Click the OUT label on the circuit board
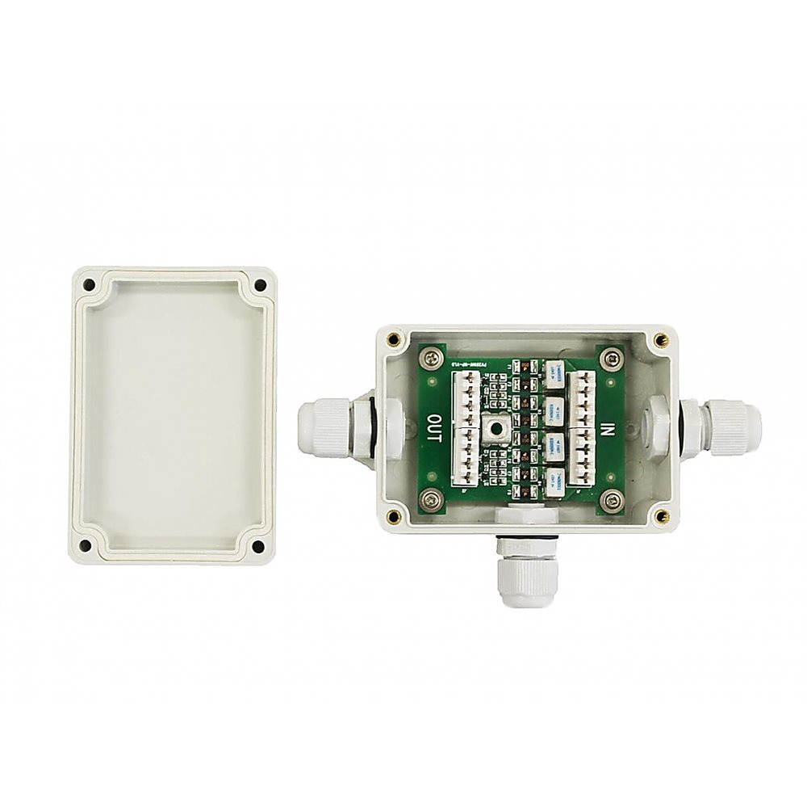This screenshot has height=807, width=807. coord(433,428)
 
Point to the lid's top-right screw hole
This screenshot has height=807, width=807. coord(260,285)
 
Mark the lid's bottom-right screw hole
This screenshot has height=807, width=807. coord(258,547)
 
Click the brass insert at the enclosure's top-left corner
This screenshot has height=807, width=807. coord(393,339)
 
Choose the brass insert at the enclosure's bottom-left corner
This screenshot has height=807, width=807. coord(393,516)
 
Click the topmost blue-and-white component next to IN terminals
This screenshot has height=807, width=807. coord(555,372)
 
